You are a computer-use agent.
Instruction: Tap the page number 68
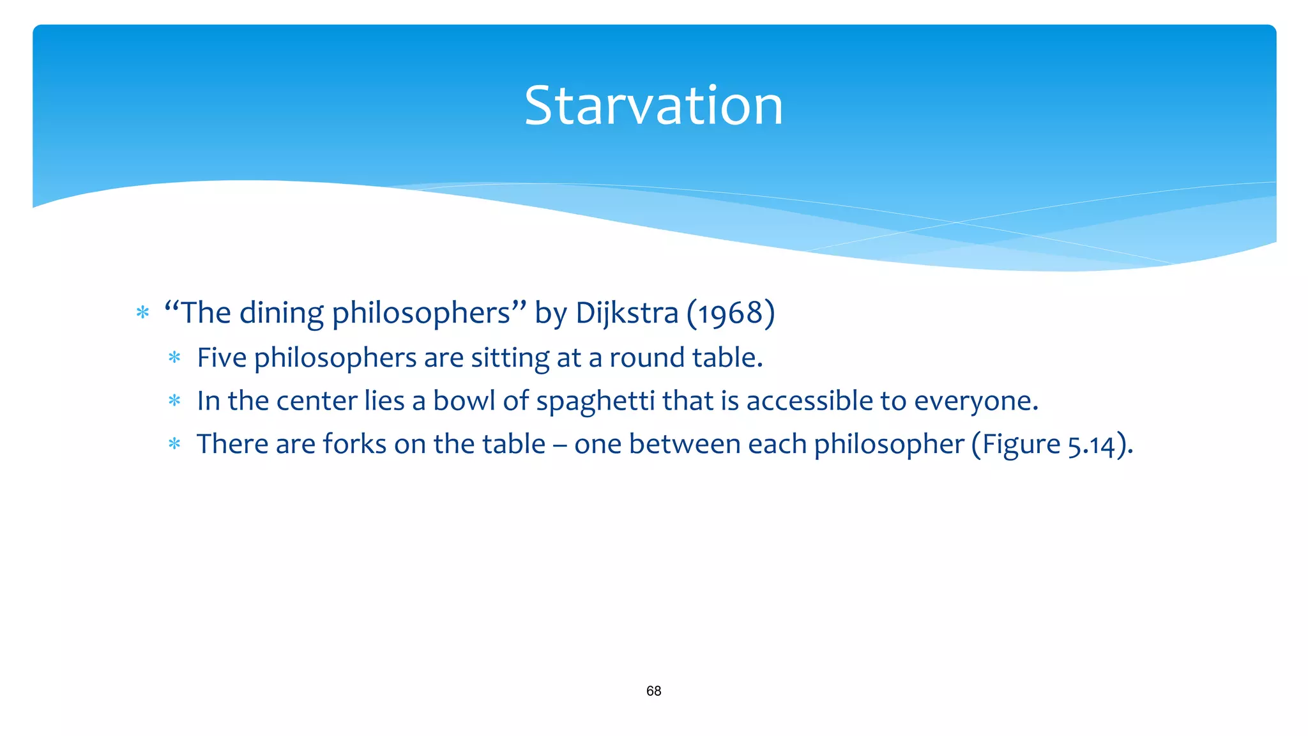coord(653,691)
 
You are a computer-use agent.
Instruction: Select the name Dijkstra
coord(626,313)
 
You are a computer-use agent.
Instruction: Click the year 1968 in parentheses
coord(731,313)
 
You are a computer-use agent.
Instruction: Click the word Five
coord(222,358)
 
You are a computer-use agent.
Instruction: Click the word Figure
coord(1021,445)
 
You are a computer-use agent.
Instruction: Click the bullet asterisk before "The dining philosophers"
coord(142,313)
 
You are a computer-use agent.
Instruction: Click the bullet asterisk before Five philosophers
coord(174,358)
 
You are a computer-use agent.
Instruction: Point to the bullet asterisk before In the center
coord(174,401)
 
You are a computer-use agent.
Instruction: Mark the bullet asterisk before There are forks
coord(174,444)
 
